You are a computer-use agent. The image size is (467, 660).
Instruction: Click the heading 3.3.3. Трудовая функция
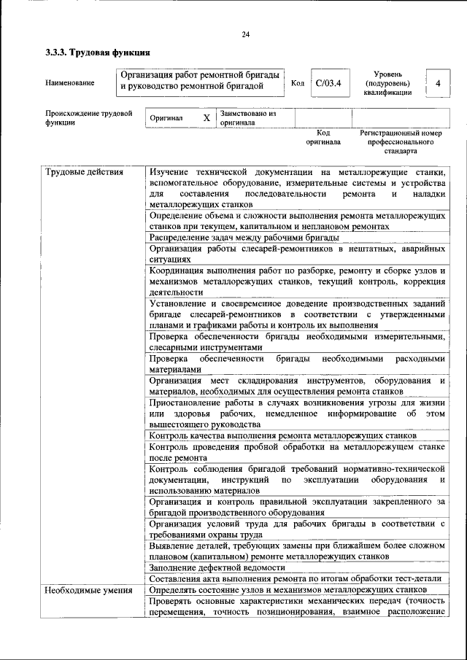click(98, 53)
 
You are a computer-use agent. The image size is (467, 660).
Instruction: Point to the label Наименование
click(70, 83)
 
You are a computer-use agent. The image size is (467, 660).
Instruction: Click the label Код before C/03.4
click(298, 83)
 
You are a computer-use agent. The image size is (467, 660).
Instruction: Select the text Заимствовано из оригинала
click(248, 118)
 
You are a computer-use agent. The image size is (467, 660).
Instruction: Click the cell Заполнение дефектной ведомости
click(217, 567)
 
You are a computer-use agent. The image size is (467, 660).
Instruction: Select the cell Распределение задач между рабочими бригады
click(244, 237)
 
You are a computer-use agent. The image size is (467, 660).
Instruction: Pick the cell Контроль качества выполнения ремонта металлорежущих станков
click(282, 435)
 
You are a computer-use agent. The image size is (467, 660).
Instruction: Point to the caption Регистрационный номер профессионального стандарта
click(401, 142)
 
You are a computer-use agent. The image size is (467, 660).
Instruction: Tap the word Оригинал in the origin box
click(166, 118)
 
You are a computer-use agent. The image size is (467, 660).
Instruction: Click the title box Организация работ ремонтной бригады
click(200, 81)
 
